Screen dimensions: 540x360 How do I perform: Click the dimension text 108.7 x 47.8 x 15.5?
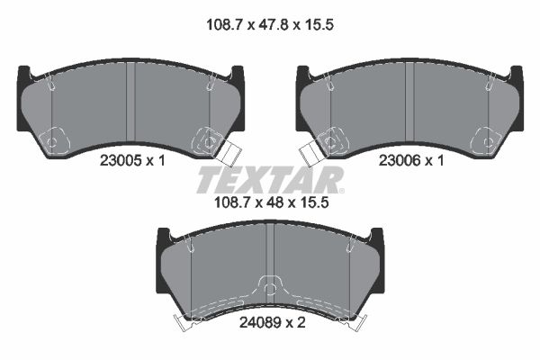pyautogui.click(x=270, y=25)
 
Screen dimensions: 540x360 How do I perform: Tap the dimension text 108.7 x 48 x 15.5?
pyautogui.click(x=272, y=202)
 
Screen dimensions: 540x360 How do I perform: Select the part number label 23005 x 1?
pyautogui.click(x=132, y=160)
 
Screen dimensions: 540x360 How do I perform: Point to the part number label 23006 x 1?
pyautogui.click(x=411, y=160)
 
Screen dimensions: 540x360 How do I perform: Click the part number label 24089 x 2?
pyautogui.click(x=272, y=323)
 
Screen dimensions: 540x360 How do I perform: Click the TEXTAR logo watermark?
pyautogui.click(x=270, y=179)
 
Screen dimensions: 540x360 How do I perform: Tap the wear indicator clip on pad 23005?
pyautogui.click(x=228, y=154)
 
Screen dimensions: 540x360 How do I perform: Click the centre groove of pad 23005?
pyautogui.click(x=130, y=103)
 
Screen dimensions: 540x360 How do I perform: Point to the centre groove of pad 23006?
pyautogui.click(x=409, y=103)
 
